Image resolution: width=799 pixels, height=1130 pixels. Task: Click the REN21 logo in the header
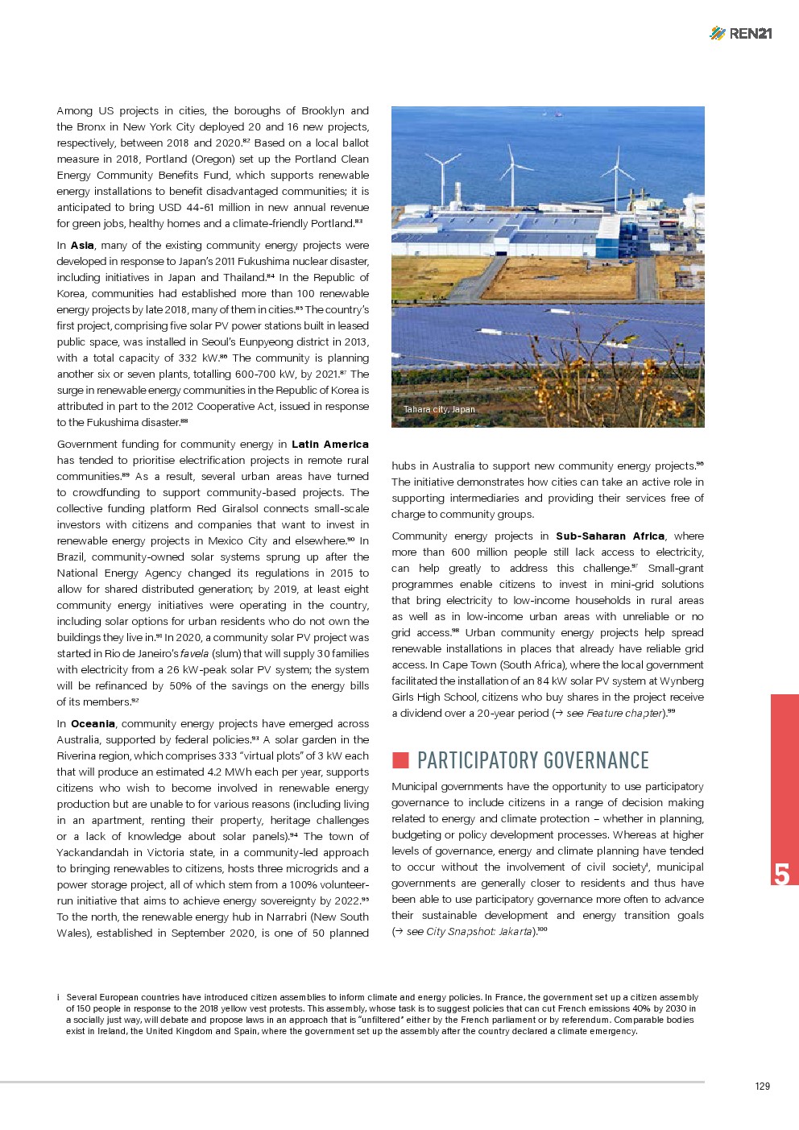(x=741, y=33)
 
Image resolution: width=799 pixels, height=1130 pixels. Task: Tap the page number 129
(x=762, y=1086)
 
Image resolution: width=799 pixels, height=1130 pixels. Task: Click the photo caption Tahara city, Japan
(x=439, y=409)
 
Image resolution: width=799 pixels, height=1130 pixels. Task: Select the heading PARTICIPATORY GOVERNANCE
(x=532, y=760)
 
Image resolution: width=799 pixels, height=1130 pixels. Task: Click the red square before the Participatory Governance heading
(x=400, y=760)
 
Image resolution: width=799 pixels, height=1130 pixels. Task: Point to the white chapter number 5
(x=781, y=874)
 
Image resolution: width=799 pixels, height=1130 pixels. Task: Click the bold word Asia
(x=82, y=246)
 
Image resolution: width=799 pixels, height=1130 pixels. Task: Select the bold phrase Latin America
(x=329, y=445)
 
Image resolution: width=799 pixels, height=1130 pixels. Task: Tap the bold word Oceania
(x=93, y=724)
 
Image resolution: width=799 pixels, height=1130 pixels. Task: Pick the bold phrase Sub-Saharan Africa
(x=610, y=536)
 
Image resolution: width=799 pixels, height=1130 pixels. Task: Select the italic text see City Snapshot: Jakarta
(x=469, y=932)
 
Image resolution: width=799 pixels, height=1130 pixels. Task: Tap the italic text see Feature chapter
(x=615, y=714)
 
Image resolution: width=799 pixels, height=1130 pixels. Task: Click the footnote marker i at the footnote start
(x=59, y=997)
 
